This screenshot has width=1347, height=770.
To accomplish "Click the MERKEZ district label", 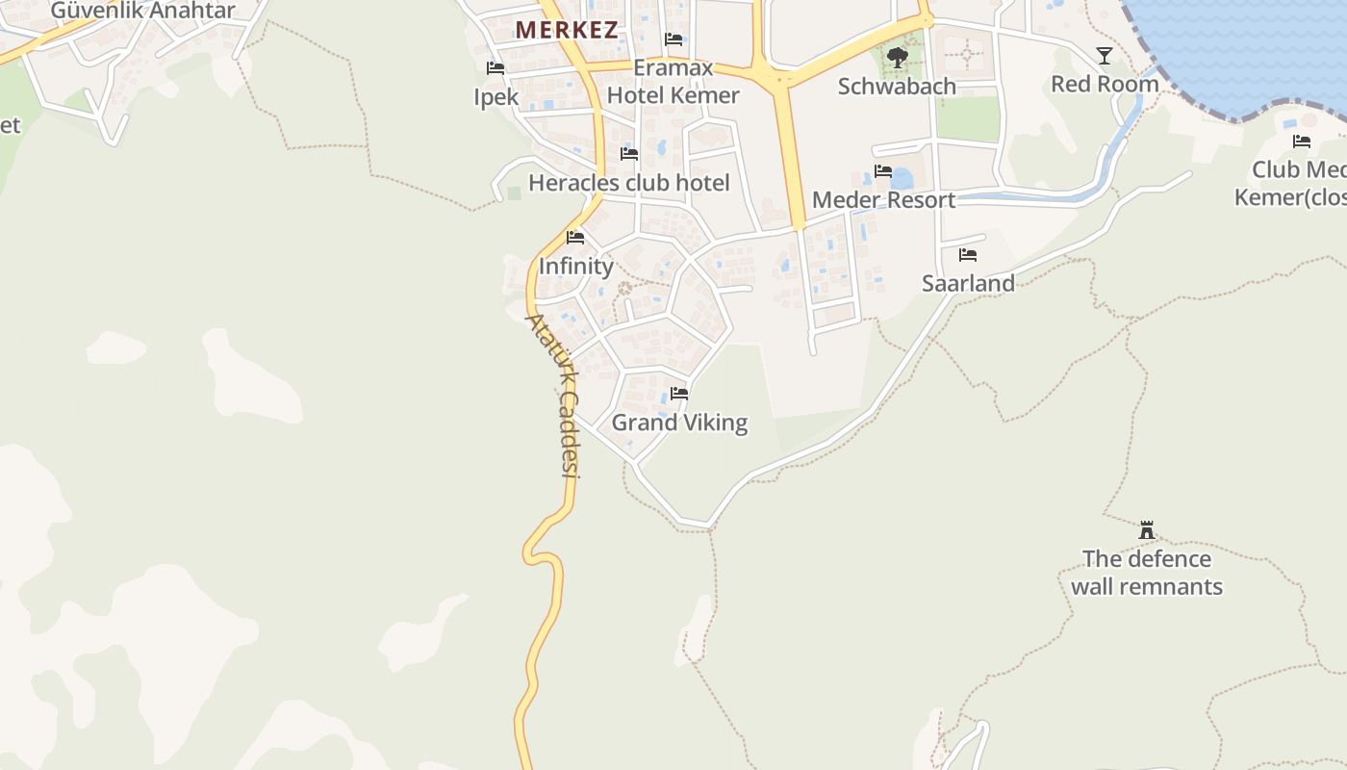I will pos(567,30).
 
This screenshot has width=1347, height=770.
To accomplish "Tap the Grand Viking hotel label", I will pos(679,423).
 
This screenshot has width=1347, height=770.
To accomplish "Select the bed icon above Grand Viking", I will pos(679,393).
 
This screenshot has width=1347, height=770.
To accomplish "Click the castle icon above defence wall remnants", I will pos(1146,529).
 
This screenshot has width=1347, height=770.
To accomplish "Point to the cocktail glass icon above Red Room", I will pos(1105,56).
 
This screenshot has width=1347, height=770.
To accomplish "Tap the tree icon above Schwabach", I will pos(897,58).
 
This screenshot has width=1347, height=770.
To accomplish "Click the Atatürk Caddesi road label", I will pos(553,395).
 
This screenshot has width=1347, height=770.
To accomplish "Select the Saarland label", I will pos(968,283).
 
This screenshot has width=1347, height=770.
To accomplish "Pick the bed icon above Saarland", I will pos(968,255).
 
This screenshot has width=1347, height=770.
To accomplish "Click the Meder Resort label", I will pos(883,200).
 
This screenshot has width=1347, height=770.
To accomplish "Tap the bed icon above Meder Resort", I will pos(883,171).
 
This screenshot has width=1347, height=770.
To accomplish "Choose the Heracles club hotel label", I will pos(629,183).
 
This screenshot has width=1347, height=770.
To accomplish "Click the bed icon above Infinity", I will pos(575,237).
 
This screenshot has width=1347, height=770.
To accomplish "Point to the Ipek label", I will pos(496,97).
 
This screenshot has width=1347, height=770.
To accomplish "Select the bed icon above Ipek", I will pos(496,68).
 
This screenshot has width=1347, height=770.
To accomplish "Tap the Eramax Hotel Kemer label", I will pos(673,82).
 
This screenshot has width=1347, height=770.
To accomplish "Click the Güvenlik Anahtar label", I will pos(142,11).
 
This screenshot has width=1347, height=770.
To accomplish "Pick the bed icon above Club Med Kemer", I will pos(1302,141).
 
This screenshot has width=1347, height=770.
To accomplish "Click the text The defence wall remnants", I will pos(1146,573).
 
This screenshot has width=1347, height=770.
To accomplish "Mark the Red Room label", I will pos(1105,85).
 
